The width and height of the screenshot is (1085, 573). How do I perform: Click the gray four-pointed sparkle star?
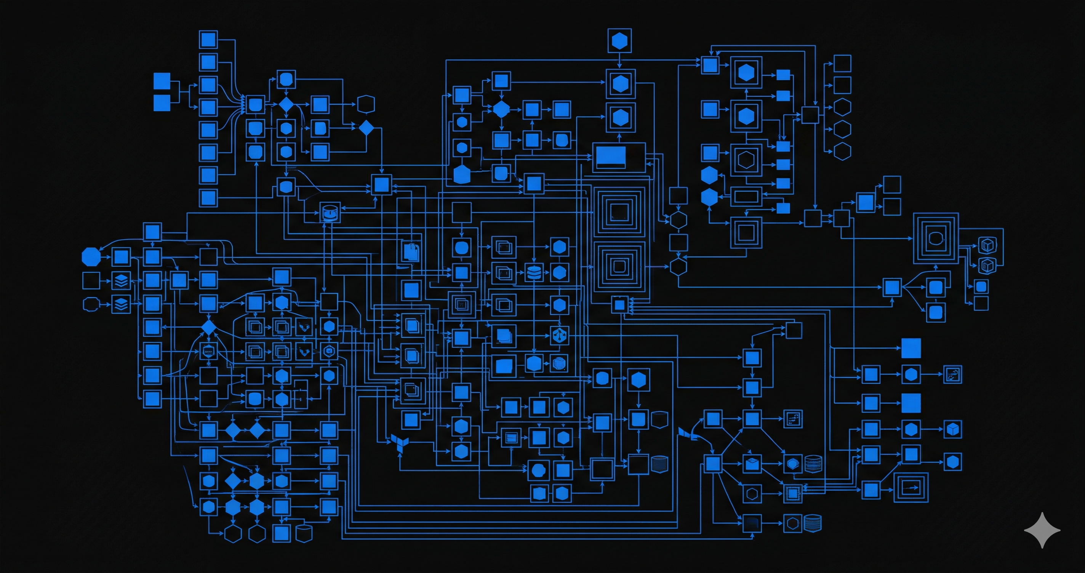pos(1042,530)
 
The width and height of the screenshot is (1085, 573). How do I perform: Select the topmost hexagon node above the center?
pos(619,41)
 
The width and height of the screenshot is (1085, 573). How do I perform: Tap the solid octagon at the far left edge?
pos(91,256)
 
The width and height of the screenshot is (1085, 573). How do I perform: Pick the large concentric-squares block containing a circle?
pos(936,238)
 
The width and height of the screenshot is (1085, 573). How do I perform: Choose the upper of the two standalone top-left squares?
pos(162,81)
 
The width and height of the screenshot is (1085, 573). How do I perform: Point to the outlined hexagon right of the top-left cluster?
pos(366,104)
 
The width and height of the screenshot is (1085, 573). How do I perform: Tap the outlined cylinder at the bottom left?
pos(304,533)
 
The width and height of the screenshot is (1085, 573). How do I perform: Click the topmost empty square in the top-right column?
pos(842,64)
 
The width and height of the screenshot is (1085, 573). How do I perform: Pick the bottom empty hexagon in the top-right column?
pos(842,151)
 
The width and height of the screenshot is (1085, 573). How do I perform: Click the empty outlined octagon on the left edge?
pos(91,304)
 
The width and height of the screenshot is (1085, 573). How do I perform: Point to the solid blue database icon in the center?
pos(534,273)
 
